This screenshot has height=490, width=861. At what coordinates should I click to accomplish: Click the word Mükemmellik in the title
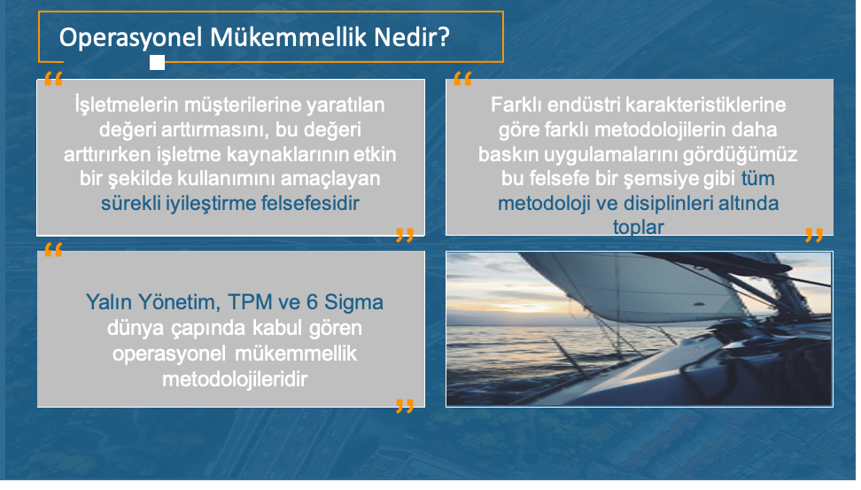pos(288,37)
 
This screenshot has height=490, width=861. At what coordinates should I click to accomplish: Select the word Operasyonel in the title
pos(131,38)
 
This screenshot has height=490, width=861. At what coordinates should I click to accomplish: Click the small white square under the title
pos(157,63)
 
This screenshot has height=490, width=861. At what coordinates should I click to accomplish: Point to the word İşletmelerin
pos(127,105)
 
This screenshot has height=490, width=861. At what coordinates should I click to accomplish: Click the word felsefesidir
pos(310,203)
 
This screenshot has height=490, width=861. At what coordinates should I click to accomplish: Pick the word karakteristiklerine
pos(706,105)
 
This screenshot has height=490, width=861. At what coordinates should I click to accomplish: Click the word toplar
pos(638,227)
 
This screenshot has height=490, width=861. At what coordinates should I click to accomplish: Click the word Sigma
pos(353,303)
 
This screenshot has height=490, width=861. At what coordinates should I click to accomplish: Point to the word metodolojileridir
pos(235,379)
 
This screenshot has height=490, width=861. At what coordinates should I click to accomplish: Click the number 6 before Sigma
pos(312,302)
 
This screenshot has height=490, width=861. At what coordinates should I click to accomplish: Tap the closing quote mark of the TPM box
pos(405,406)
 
